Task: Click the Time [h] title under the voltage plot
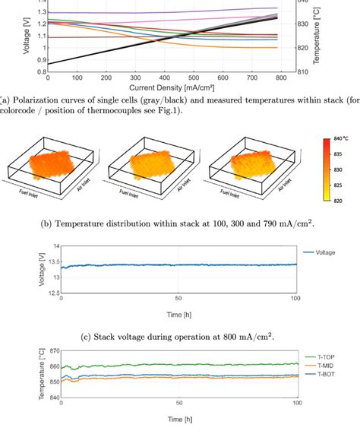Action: [178, 312]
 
